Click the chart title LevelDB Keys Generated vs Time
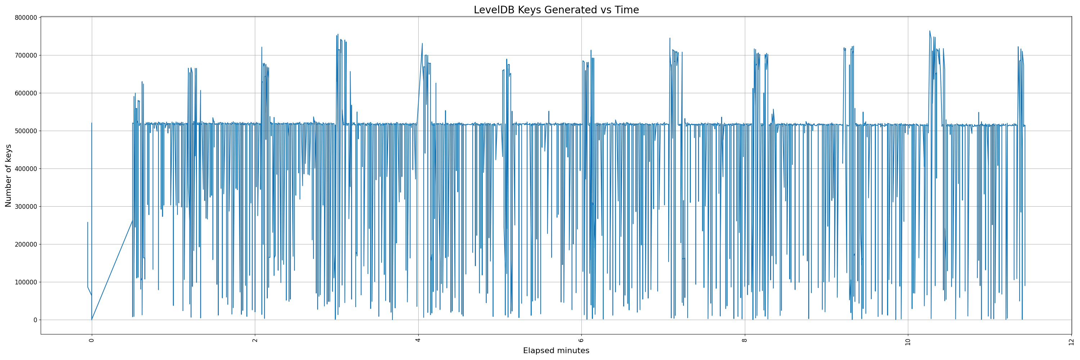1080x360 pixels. pos(556,10)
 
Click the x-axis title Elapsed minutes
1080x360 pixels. pos(556,351)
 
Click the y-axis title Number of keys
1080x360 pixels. pos(8,176)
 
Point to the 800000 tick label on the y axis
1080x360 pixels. pos(26,18)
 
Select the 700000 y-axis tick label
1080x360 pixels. pos(26,55)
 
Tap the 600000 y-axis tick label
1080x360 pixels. pos(26,93)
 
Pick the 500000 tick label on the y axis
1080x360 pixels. pos(26,131)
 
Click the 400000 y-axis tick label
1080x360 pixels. pos(26,169)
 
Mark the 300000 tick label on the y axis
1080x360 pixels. pos(26,207)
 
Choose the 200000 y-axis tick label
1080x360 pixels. pos(26,244)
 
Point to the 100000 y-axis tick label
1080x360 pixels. pos(26,282)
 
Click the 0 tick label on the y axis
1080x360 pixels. pos(35,320)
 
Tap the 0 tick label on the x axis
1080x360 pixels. pos(92,340)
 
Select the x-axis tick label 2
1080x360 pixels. pos(255,340)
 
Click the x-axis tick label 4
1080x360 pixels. pos(418,340)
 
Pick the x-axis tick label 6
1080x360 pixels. pos(581,340)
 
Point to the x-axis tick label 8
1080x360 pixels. pos(744,340)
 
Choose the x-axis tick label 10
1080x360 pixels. pos(908,341)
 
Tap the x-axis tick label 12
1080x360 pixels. pos(1071,341)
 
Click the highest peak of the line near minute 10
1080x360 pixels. pos(930,31)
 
